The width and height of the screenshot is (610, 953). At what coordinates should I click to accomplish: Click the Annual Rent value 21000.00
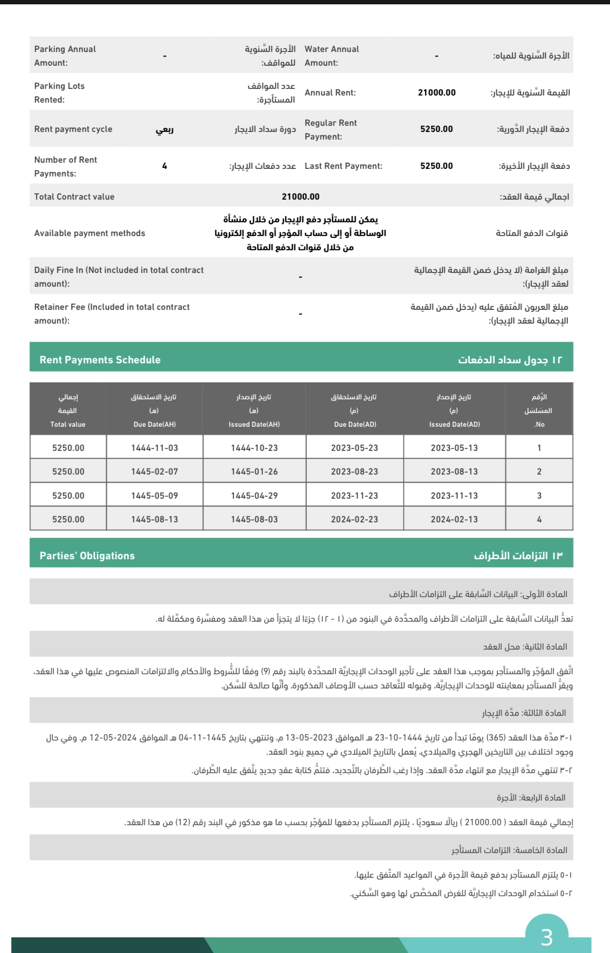coord(436,93)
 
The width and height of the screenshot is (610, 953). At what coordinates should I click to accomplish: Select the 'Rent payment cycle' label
coord(73,129)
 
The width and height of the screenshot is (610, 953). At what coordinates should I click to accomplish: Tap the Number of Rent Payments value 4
coord(165,166)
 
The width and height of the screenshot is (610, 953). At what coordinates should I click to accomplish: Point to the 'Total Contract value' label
coord(74,197)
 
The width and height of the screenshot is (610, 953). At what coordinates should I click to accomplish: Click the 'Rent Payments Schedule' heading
coord(100,360)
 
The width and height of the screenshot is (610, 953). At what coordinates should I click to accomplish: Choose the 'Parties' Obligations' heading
coord(87,556)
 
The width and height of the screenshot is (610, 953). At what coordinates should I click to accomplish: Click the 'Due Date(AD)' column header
coord(355,424)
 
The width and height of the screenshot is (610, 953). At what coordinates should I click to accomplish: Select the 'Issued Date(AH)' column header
coord(254,424)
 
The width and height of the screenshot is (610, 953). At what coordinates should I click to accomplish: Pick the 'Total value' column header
coord(68,424)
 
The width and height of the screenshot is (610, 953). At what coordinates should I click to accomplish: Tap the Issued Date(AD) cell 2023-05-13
coord(454,448)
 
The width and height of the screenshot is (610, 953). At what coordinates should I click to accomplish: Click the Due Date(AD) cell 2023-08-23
coord(354,472)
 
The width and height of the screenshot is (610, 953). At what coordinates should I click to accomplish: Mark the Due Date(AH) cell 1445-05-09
coord(155,496)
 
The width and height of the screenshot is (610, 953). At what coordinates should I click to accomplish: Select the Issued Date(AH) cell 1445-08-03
coord(254,520)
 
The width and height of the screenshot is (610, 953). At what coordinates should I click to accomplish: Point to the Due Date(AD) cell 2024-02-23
coord(354,520)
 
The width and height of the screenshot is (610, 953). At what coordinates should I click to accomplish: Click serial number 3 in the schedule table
coord(539,496)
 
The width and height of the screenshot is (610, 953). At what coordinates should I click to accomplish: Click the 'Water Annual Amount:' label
coord(331,56)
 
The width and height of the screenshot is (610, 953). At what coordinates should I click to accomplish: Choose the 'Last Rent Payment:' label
coord(343,166)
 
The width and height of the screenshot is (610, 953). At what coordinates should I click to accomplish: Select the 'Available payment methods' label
coord(89,233)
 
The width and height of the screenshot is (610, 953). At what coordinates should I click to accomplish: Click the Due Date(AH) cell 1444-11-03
coord(155,448)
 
